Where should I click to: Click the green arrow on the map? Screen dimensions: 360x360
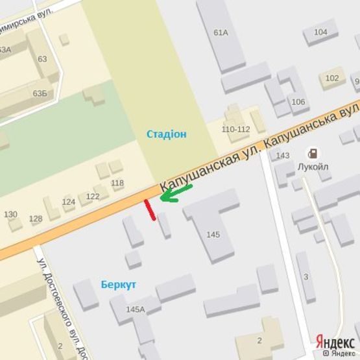175,193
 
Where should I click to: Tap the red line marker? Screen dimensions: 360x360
150,210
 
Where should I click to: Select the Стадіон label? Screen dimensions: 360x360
166,134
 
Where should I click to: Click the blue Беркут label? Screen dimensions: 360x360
118,285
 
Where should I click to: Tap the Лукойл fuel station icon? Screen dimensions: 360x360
313,154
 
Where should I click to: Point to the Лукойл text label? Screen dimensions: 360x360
313,167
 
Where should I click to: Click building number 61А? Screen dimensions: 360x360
221,32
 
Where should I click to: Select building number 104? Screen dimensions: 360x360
320,32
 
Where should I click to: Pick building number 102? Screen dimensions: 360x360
332,78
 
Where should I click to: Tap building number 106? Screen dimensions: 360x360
298,102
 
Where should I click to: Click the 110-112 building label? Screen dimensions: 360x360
235,129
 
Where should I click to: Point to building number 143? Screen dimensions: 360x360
282,156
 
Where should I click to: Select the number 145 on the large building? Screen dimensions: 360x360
213,234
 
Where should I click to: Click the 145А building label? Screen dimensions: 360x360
136,309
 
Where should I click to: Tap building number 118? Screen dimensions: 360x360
117,183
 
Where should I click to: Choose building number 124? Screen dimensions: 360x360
69,202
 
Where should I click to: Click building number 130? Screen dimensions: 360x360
10,214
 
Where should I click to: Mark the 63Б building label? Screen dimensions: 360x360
40,93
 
